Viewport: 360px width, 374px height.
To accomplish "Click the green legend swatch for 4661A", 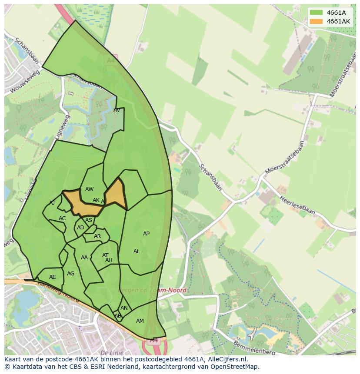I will pos(316,13).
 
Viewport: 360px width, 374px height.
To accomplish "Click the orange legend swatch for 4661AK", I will pos(316,21).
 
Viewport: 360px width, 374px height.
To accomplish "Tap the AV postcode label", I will pos(117,110).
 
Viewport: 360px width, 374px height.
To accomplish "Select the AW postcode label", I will pos(89,189).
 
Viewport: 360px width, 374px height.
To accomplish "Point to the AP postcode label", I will pos(146,234).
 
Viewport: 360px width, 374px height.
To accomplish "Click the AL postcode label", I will pos(137,252).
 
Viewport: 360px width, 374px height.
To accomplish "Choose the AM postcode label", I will pos(140,321).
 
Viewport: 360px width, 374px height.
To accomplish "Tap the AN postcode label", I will pos(124,308).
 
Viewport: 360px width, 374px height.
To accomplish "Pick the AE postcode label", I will pos(53,277).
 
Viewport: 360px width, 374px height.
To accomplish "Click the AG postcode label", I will pos(70,274).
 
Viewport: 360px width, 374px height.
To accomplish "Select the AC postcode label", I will pos(62,218).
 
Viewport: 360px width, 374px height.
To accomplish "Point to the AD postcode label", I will pos(80,228).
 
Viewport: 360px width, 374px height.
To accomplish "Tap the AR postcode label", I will pos(97,237).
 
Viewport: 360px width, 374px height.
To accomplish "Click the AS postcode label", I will pos(89,220).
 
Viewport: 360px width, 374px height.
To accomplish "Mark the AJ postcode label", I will pos(52,203).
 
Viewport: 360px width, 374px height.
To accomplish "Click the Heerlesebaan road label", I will pos(297,205).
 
